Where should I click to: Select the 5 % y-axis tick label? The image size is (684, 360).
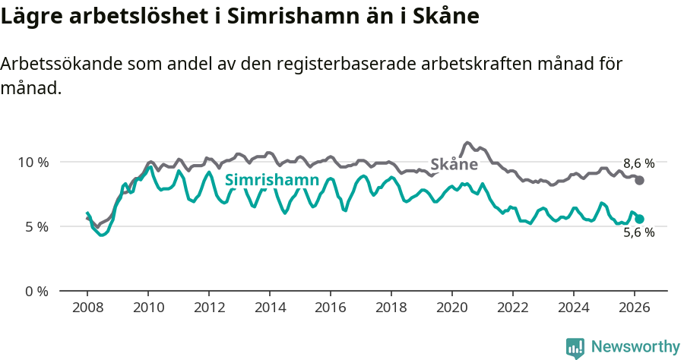(36, 226)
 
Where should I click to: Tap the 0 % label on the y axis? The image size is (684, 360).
(36, 291)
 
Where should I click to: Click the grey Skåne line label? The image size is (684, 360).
(454, 164)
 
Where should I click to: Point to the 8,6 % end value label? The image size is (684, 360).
(638, 163)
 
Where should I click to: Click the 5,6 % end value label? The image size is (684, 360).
(638, 233)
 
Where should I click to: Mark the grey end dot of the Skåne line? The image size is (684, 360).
(640, 180)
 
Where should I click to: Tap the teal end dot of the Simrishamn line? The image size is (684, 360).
(640, 219)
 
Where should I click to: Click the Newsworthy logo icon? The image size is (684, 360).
(575, 348)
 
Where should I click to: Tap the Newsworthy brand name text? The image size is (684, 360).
(635, 347)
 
